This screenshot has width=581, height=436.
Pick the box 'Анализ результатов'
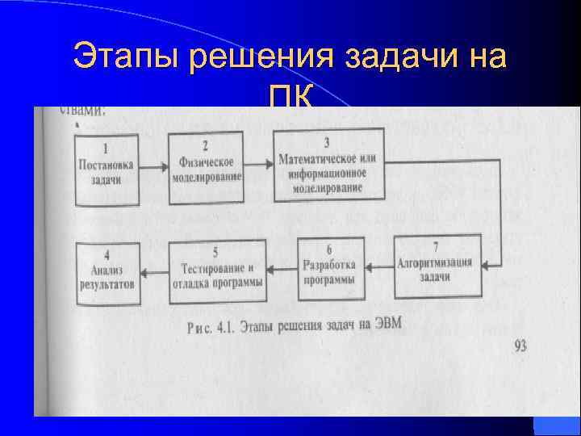(107, 266)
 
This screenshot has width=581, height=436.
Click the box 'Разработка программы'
(329, 265)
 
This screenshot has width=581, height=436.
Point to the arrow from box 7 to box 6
(378, 265)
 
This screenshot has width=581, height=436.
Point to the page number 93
(520, 347)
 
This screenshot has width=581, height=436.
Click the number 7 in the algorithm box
(436, 246)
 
